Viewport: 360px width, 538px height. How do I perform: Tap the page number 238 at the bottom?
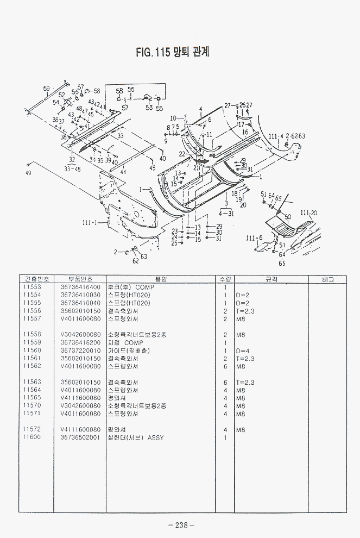coord(181,524)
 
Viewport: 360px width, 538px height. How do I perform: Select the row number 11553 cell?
coord(33,287)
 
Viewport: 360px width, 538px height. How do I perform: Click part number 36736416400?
coord(80,287)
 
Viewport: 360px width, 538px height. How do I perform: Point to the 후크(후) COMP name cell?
coord(131,287)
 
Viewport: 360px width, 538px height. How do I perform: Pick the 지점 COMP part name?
coord(125,343)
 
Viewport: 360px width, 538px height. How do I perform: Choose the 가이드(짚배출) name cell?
coord(132,351)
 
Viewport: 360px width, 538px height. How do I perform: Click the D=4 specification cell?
coord(242,351)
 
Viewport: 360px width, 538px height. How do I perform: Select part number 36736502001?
coord(80,437)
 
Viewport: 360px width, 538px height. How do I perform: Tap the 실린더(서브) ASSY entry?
coord(136,437)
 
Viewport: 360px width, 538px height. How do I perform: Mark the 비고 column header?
coord(327,279)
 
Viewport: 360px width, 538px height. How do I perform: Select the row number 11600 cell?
coord(33,437)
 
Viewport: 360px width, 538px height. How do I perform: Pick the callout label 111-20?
coord(308,212)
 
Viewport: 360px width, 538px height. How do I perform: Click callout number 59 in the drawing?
coord(46,88)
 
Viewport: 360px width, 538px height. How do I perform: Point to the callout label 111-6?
coord(254,238)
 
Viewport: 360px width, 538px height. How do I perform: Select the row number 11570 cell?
coord(33,406)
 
